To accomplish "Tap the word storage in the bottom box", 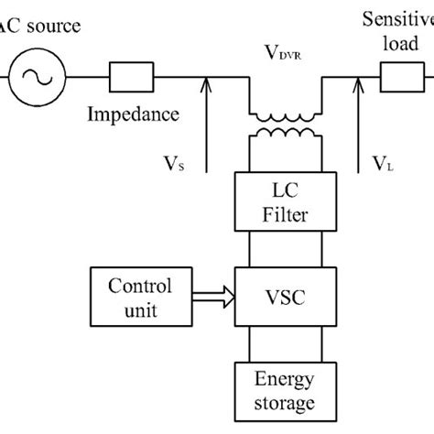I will (x=284, y=404).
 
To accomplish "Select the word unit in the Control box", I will (x=139, y=311).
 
